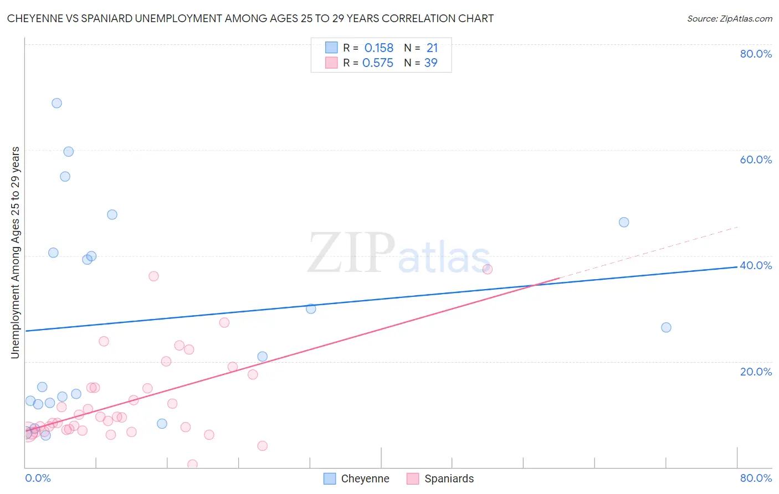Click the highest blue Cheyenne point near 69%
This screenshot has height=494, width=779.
click(x=57, y=103)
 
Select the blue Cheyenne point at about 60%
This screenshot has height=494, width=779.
click(x=69, y=152)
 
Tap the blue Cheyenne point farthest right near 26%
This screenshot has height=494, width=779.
click(x=666, y=327)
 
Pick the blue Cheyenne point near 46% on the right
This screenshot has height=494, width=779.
click(x=624, y=222)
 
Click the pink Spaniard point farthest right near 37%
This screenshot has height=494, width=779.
click(x=488, y=269)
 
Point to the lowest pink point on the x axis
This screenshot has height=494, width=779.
click(x=192, y=464)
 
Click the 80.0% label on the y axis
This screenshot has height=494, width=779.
click(x=756, y=54)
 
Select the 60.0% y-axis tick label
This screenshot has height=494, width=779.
click(x=756, y=159)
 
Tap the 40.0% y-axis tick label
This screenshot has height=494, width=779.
click(x=756, y=265)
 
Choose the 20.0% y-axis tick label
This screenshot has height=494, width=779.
click(x=756, y=371)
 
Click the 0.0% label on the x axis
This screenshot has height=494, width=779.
click(x=38, y=478)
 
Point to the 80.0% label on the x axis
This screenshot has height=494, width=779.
click(x=756, y=478)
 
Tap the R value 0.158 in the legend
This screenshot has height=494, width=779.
click(x=379, y=48)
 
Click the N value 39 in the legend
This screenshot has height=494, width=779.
click(x=430, y=63)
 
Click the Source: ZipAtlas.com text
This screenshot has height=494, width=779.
click(x=729, y=18)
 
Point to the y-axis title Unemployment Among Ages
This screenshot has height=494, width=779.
click(x=16, y=253)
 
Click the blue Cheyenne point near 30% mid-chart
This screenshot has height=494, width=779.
click(x=311, y=308)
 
